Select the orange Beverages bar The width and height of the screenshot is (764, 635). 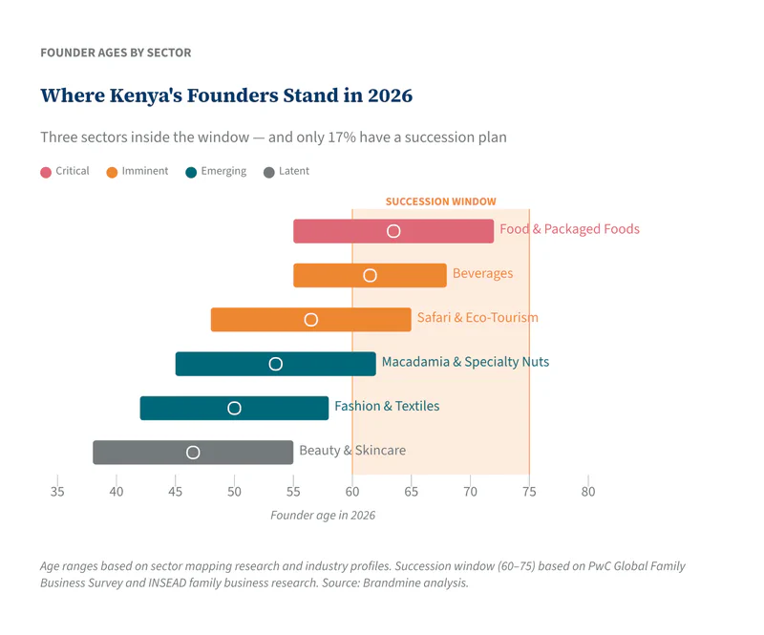(411, 275)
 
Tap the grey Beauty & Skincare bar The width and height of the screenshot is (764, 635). (239, 452)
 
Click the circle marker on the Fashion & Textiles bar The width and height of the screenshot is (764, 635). (234, 408)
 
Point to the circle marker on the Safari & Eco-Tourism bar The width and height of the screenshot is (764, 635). (310, 320)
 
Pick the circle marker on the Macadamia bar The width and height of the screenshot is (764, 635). (276, 364)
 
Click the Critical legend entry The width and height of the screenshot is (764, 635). (65, 172)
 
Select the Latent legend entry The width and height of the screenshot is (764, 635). (286, 172)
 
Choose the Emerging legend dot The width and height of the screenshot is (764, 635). (191, 172)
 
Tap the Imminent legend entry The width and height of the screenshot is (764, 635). (138, 172)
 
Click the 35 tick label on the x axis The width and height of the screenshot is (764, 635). (57, 492)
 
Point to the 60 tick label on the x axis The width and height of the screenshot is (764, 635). (352, 492)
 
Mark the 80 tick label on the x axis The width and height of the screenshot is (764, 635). (588, 492)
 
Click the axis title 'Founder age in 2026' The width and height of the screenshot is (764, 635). (323, 516)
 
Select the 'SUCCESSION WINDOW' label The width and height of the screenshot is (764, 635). (440, 201)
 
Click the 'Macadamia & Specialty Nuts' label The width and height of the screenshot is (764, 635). (465, 362)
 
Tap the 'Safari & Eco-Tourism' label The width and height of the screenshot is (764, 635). (477, 317)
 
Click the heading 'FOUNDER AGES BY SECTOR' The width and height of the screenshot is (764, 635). (116, 53)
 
